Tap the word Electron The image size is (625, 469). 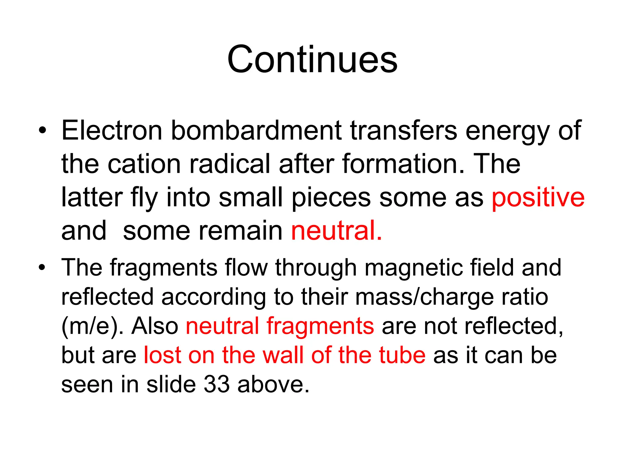pyautogui.click(x=111, y=130)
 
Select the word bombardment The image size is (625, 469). pyautogui.click(x=256, y=130)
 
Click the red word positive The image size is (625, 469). pyautogui.click(x=538, y=198)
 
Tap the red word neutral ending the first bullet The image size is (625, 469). pyautogui.click(x=336, y=231)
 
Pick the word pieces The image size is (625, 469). pyautogui.click(x=331, y=198)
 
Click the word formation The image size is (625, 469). pyautogui.click(x=403, y=164)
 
